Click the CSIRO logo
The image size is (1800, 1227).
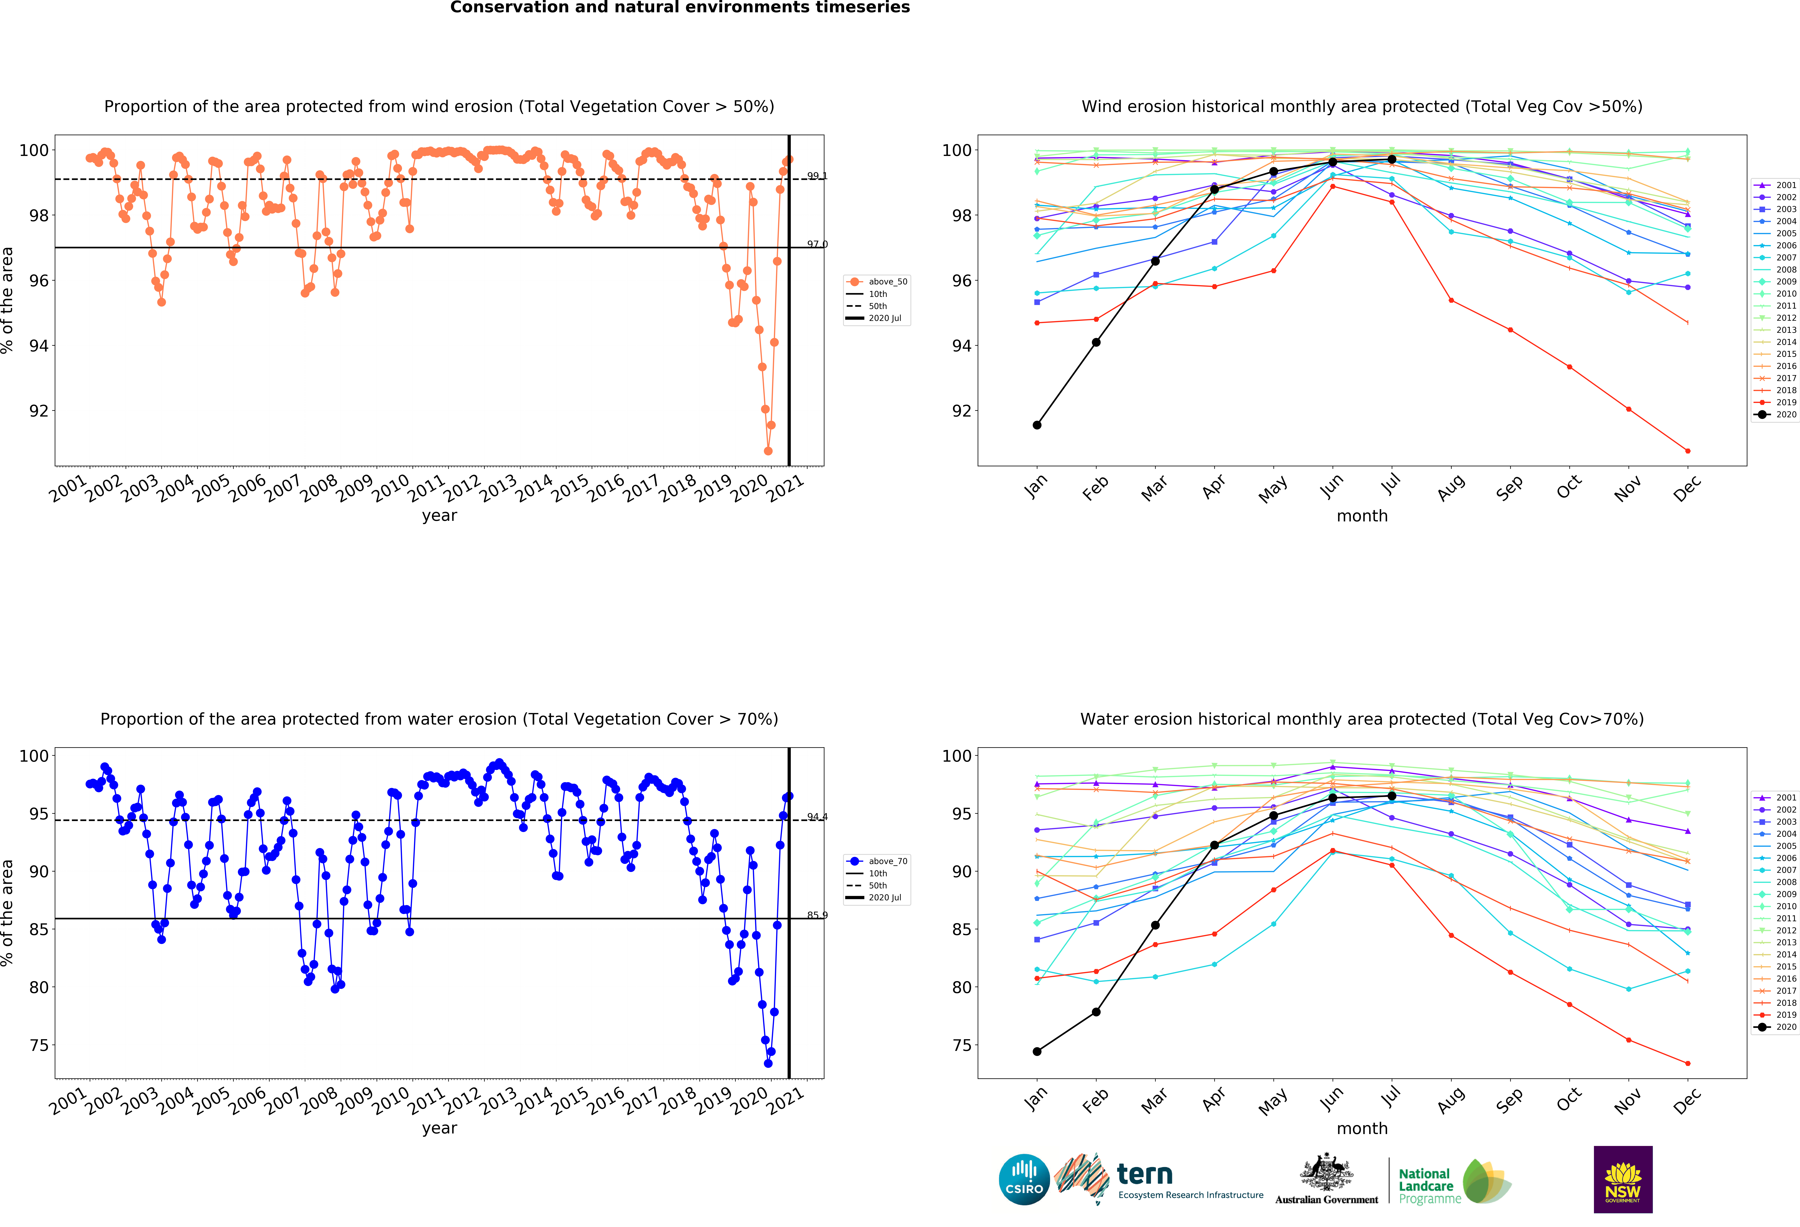coord(1024,1180)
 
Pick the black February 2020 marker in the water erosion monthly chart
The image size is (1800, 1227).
coord(1096,1012)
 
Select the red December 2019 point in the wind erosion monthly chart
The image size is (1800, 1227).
coord(1688,451)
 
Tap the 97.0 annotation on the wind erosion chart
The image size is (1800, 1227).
coord(817,244)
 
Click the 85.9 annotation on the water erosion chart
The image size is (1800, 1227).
coord(817,915)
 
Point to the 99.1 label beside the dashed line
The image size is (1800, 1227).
coord(817,176)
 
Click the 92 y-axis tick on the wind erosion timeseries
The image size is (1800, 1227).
coord(39,411)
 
